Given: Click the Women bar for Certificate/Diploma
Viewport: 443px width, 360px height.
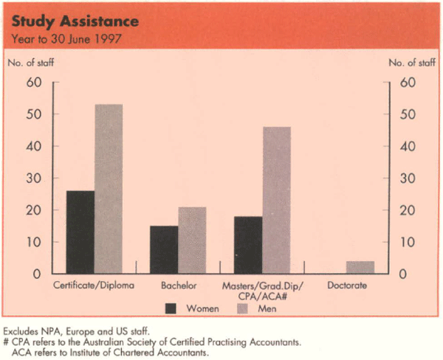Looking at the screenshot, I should tap(80, 232).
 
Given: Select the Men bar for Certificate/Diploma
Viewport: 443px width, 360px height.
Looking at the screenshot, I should tap(109, 189).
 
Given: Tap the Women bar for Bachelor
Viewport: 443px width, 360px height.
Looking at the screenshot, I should tap(164, 249).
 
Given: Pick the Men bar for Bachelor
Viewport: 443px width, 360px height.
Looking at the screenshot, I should tap(192, 240).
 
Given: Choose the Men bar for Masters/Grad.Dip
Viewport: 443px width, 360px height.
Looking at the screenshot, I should tap(276, 200).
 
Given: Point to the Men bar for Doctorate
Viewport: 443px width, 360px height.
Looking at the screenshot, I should tap(360, 267).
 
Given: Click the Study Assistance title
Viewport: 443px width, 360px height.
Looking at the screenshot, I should tap(63, 21).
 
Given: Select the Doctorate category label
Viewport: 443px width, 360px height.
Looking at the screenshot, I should tap(347, 285).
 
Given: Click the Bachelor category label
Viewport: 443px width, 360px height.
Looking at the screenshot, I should tap(177, 285).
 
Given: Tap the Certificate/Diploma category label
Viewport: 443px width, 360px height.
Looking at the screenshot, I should tap(95, 285).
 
